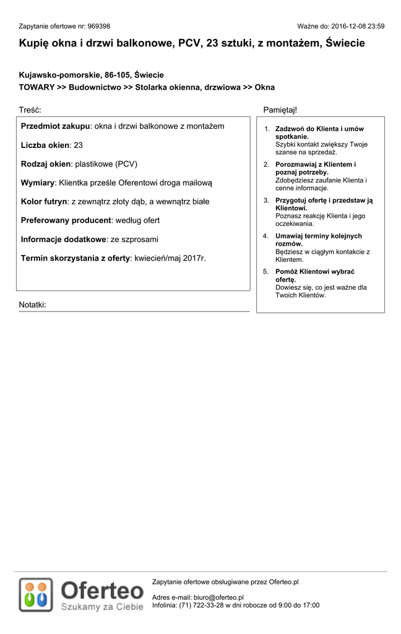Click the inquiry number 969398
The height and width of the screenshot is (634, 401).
tap(99, 27)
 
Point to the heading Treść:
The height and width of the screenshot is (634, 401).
tap(30, 110)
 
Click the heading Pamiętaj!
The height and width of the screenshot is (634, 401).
tap(280, 110)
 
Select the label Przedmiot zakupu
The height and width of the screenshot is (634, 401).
tap(56, 126)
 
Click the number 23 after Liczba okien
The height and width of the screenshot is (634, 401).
tap(79, 145)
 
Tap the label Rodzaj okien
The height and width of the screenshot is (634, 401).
tap(46, 164)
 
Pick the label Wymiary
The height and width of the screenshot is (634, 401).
tap(38, 183)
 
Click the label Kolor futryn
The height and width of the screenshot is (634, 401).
tap(43, 201)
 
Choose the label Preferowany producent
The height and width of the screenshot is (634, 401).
tap(66, 220)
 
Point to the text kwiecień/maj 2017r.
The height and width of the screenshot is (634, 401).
tap(170, 258)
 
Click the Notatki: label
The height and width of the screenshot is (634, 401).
tap(32, 305)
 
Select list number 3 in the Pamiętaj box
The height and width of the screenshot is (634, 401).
tap(266, 201)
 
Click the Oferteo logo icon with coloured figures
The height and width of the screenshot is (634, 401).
tap(36, 594)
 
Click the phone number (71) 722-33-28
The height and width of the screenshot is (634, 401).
tap(201, 605)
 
